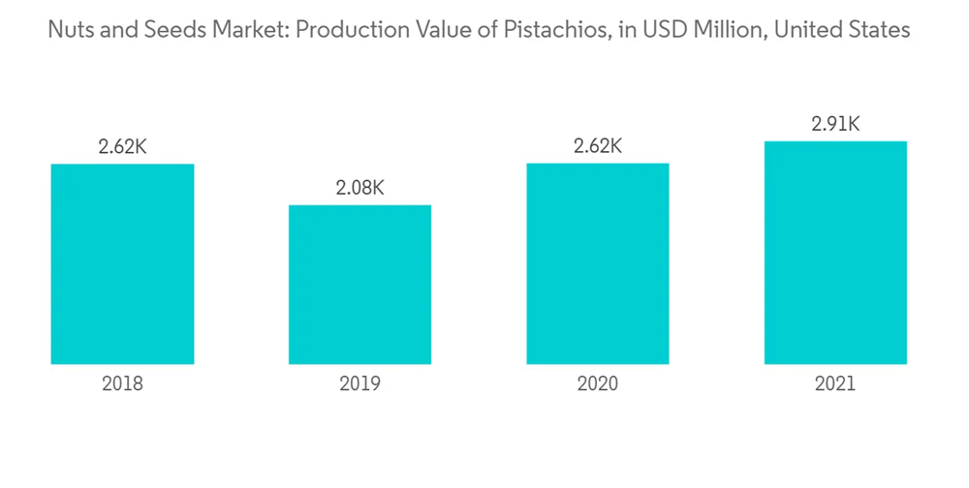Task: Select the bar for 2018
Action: (x=122, y=263)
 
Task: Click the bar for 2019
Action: (x=359, y=285)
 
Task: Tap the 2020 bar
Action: (x=597, y=263)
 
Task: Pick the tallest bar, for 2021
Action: (x=835, y=253)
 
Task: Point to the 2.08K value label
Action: (x=359, y=188)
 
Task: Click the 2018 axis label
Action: (x=122, y=383)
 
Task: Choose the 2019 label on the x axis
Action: (x=359, y=383)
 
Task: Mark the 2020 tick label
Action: (x=597, y=383)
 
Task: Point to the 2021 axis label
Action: (x=835, y=383)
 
